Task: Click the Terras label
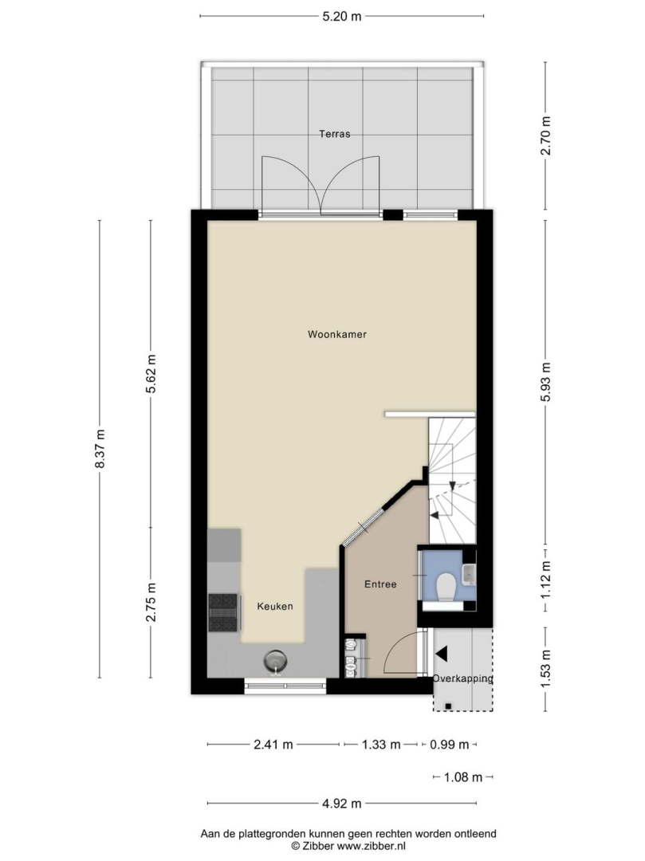click(x=335, y=133)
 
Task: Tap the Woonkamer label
click(x=337, y=334)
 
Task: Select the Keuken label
click(x=275, y=606)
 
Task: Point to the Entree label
click(x=380, y=584)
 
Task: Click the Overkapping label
click(x=462, y=678)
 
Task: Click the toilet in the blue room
click(x=445, y=586)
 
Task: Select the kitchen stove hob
click(x=223, y=613)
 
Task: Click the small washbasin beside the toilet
click(x=470, y=572)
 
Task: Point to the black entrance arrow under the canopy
click(x=442, y=654)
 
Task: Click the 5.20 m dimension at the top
click(x=341, y=17)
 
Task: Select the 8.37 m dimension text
click(x=100, y=449)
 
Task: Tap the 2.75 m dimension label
click(x=151, y=603)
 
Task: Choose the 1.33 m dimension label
click(x=381, y=745)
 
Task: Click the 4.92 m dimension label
click(x=341, y=804)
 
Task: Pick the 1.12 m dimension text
click(x=545, y=580)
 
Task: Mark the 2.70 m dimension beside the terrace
click(x=545, y=136)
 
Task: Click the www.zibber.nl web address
click(x=371, y=846)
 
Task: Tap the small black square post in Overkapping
click(x=449, y=706)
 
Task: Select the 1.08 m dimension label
click(x=462, y=777)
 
